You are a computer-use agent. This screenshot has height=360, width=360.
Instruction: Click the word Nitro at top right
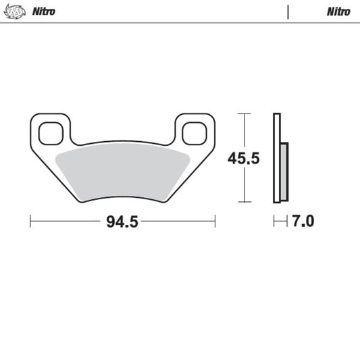pos(338,11)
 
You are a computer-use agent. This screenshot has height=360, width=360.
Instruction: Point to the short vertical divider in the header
pos(288,11)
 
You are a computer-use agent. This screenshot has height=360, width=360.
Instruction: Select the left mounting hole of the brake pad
pos(50,132)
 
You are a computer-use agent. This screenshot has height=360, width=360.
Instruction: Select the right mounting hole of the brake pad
pos(195,132)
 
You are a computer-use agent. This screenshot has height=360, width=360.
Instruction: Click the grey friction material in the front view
pos(122,173)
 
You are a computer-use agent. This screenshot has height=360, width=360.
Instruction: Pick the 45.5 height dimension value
pos(244,159)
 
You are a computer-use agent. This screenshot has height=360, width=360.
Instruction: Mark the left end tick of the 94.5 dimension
pos(30,221)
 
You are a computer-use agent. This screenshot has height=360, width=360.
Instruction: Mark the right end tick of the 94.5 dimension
pos(215,221)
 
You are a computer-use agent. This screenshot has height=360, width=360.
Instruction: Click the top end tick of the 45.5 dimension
pos(243,114)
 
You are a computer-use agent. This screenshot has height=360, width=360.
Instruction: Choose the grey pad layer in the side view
pos(284,173)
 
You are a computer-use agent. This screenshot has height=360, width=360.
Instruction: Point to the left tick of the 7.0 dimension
pos(274,221)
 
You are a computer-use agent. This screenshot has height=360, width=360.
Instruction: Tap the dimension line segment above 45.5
pos(243,132)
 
